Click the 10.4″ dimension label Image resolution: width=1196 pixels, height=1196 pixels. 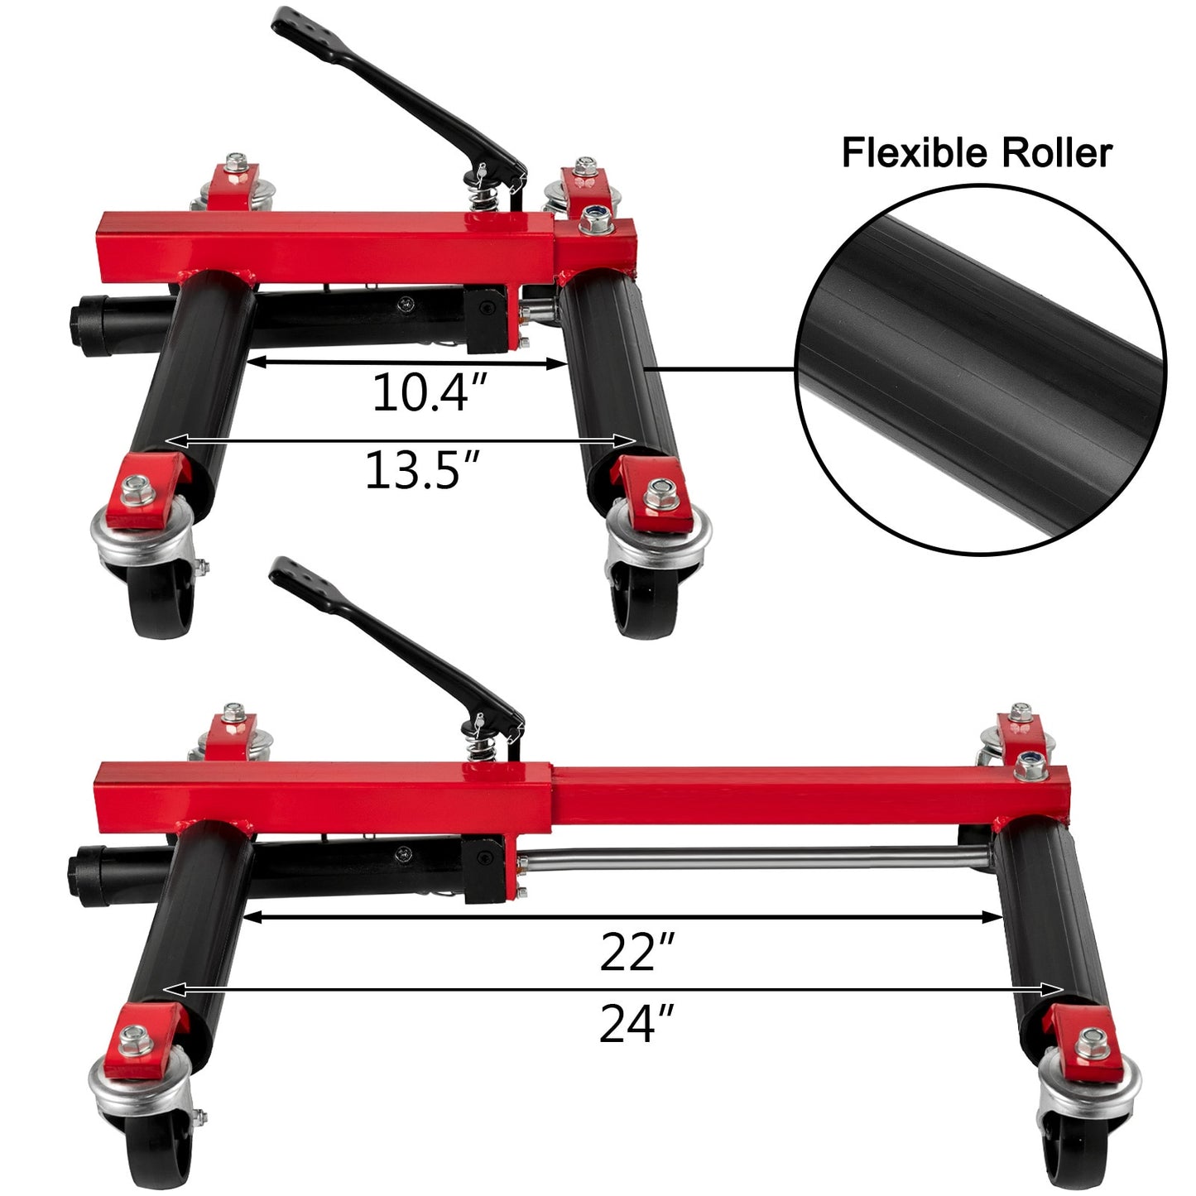coord(428,393)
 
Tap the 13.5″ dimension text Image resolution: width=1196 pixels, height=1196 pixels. coord(423,469)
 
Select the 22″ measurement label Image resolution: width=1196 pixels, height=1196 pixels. coord(636,952)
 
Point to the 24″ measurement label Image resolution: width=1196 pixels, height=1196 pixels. coord(636,1024)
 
